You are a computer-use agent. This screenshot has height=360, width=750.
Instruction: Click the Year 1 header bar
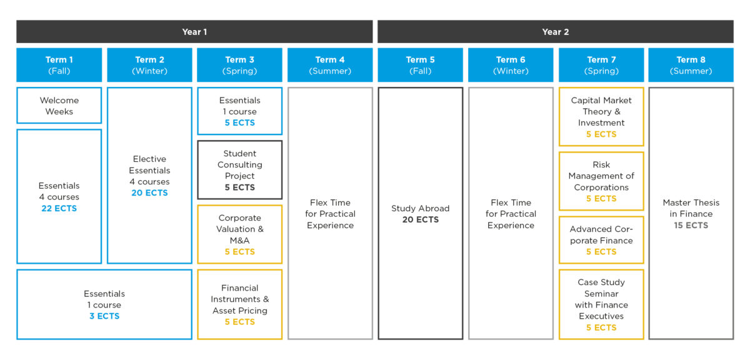pos(194,31)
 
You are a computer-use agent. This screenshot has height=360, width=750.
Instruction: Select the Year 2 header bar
pos(556,31)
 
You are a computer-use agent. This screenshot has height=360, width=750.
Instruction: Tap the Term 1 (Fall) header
pos(59,65)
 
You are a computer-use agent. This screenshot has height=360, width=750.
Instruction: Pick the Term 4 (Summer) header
pos(330,65)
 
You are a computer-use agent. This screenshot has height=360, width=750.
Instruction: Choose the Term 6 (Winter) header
pos(511,65)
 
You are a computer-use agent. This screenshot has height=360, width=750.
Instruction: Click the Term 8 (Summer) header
pos(691,65)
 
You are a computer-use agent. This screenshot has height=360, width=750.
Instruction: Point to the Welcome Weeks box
pos(59,106)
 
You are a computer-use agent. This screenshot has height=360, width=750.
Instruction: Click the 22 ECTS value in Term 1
pos(59,208)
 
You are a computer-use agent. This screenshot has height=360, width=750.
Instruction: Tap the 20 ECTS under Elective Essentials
pos(149,193)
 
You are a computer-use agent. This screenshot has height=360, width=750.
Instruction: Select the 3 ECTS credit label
pos(104,316)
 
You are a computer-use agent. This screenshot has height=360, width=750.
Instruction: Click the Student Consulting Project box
pos(240,170)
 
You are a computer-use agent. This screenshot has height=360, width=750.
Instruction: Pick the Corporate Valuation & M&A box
pos(240,234)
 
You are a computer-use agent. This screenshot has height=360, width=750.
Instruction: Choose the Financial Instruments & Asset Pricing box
pos(240,304)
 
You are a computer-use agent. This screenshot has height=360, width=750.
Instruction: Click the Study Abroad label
pos(420,208)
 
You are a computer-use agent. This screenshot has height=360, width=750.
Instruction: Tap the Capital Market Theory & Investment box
pos(601,116)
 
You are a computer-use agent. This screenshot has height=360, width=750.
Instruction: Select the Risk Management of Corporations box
pos(601,181)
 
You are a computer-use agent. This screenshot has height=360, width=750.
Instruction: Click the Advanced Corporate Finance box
pos(601,240)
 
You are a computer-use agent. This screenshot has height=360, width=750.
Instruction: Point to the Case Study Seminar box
pos(601,304)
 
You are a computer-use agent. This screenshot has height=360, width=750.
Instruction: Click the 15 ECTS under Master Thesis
pos(691,226)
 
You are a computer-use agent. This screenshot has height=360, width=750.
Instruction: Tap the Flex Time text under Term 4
pos(330,202)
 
